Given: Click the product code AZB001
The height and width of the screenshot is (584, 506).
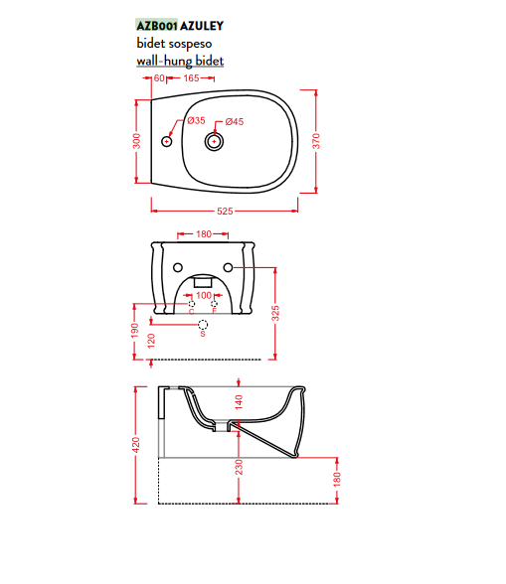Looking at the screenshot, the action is [x=157, y=26].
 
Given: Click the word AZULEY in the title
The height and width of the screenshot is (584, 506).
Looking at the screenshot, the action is [x=202, y=26].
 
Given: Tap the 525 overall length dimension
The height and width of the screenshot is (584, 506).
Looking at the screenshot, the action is [x=225, y=212].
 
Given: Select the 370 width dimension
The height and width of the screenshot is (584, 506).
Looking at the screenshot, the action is [x=316, y=141].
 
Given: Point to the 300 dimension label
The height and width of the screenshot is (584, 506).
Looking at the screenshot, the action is [x=137, y=141].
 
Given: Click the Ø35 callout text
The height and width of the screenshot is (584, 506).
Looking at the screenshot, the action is [x=197, y=120].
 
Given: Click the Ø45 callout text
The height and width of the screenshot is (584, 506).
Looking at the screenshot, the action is [x=235, y=121].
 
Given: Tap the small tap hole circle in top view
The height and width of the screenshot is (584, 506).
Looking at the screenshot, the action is [x=166, y=141].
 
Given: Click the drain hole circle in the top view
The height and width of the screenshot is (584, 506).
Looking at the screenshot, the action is [x=214, y=141].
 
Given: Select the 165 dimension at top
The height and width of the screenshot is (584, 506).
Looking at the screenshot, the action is [x=191, y=78].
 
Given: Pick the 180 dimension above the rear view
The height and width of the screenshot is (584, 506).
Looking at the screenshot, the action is [x=204, y=234].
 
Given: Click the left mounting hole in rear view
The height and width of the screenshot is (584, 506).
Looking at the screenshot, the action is [x=178, y=267].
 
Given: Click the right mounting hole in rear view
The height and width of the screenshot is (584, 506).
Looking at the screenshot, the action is [x=228, y=267].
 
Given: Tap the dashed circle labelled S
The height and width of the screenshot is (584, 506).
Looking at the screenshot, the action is [x=203, y=325].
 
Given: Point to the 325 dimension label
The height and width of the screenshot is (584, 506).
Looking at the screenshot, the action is [x=275, y=313].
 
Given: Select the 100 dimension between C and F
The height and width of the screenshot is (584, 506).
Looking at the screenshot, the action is [x=204, y=295].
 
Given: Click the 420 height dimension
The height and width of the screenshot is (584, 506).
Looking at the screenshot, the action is [x=136, y=445].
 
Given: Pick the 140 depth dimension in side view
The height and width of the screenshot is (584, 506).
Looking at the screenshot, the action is [x=239, y=402].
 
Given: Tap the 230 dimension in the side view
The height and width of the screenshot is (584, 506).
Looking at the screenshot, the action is [x=239, y=467].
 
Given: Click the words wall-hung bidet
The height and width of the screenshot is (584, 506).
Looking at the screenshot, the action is [x=180, y=61].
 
